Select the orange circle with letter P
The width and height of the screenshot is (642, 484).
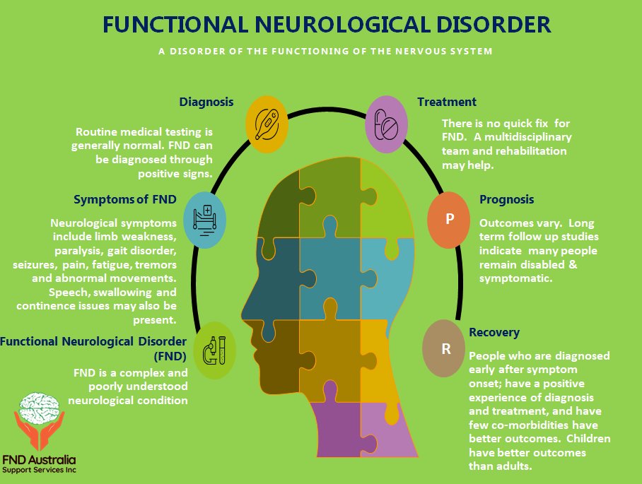tap(449, 218)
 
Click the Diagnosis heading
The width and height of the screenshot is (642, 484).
tap(206, 102)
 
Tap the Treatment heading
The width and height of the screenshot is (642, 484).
tap(447, 102)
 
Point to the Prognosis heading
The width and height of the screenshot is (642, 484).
tap(506, 199)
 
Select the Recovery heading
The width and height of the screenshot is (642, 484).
tap(494, 332)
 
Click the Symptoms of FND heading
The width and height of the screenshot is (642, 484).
tap(125, 199)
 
